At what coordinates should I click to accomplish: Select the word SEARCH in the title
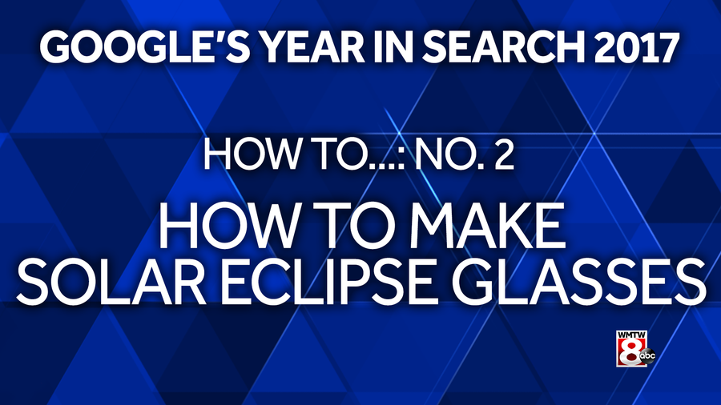503,48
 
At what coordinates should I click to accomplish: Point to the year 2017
636,48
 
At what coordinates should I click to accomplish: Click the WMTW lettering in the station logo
631,335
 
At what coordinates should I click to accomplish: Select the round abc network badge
647,356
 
